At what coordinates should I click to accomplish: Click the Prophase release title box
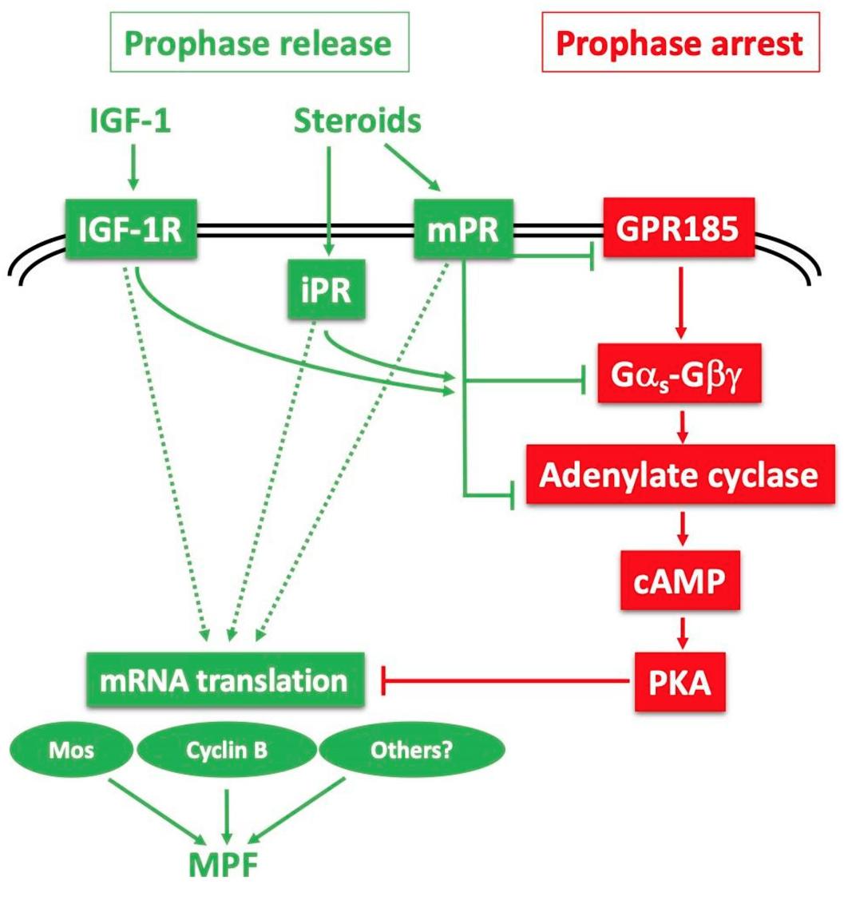[x=260, y=42]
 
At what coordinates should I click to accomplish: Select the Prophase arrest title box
[x=680, y=42]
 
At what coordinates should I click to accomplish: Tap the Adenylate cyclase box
[x=678, y=476]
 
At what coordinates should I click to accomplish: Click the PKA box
[x=681, y=681]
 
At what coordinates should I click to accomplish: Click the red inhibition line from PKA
[x=511, y=681]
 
